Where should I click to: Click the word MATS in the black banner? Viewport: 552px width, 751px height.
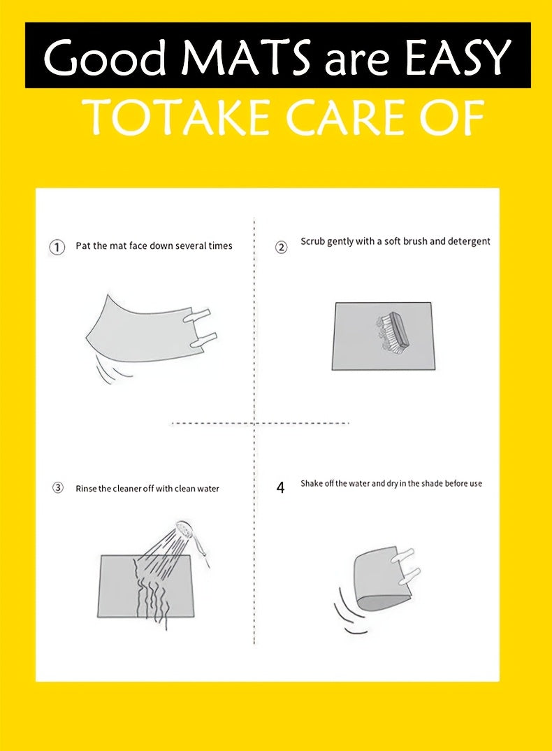pos(246,57)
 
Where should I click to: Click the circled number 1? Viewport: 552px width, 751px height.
pos(57,247)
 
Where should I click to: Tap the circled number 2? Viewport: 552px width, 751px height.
pos(281,247)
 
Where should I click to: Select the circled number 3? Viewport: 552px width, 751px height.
pos(57,487)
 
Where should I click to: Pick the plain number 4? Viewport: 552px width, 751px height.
pos(281,487)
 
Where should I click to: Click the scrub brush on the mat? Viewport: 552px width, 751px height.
pos(392,331)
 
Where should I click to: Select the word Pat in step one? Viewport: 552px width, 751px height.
pos(83,245)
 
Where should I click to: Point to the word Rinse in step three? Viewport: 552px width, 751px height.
pos(86,489)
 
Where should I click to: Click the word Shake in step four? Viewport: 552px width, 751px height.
pos(312,483)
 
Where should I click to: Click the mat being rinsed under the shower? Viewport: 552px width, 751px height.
pos(145,586)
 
